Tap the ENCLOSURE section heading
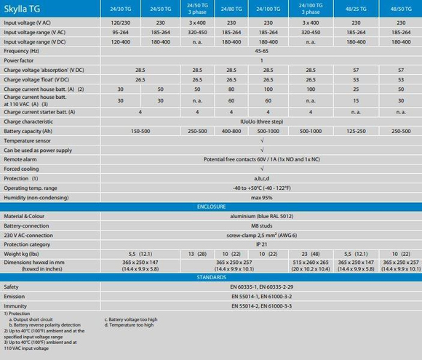(211, 207)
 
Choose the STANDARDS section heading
(211, 277)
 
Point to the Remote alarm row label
(22, 159)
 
